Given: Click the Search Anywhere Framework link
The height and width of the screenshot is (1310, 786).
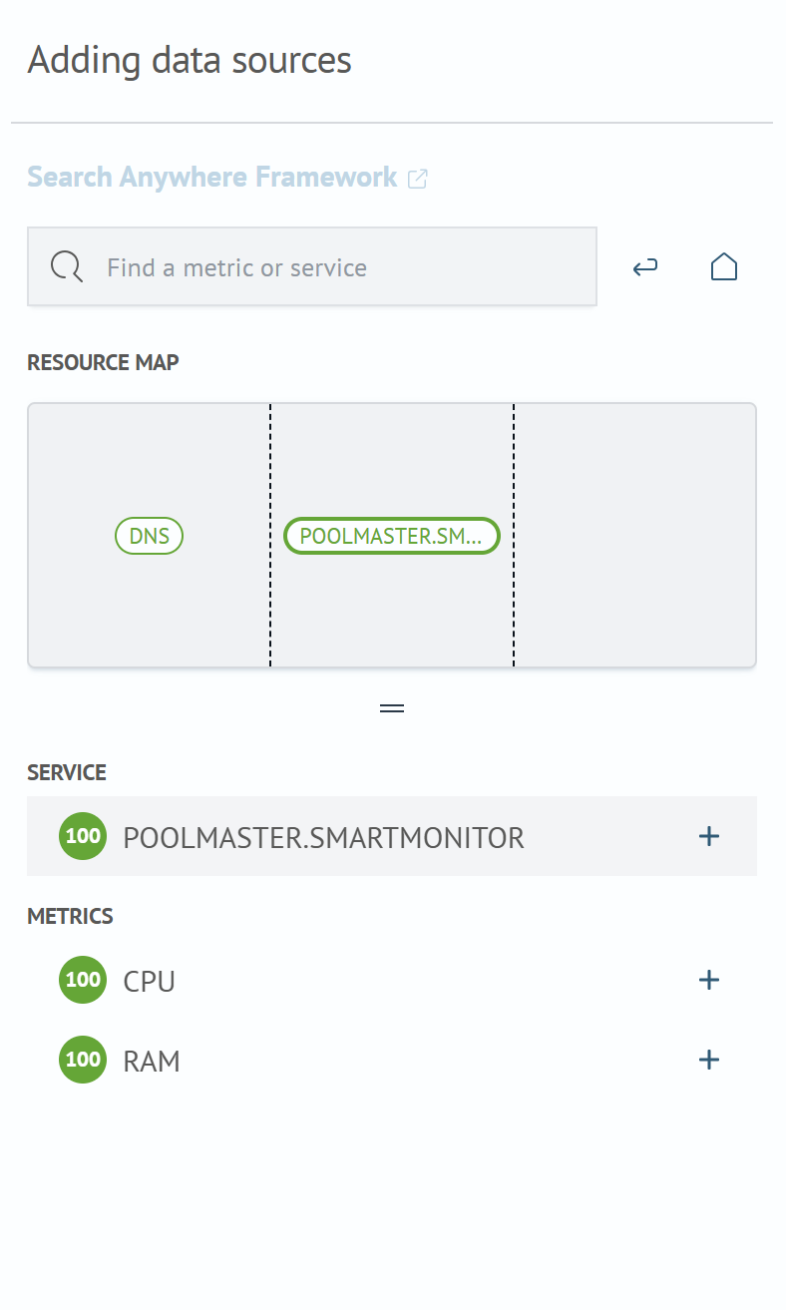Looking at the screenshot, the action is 211,177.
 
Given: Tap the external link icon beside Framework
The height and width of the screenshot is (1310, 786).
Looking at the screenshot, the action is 418,179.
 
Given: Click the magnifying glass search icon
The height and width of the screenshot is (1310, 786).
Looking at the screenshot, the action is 67,266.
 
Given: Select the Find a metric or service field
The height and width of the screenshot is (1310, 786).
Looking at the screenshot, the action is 312,266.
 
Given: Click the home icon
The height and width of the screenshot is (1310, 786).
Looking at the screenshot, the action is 723,266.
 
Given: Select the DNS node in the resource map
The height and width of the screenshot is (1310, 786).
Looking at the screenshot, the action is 150,536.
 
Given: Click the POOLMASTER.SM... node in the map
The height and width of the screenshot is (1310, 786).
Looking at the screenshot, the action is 391,536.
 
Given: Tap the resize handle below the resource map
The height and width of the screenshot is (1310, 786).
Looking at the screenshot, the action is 392,708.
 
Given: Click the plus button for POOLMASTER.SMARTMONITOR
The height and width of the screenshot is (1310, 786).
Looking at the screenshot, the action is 709,836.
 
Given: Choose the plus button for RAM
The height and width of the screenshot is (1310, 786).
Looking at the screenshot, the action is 709,1060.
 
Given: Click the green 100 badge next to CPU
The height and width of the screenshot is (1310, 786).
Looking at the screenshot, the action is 83,980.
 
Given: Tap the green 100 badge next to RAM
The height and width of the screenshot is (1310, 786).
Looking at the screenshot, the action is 83,1060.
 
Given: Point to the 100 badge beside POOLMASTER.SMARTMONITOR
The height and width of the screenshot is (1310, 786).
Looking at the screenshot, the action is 83,836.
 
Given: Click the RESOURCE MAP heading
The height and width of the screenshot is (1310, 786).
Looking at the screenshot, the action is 103,362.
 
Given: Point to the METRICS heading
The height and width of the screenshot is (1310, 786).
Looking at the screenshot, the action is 70,916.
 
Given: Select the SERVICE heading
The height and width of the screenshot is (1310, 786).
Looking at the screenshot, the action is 67,772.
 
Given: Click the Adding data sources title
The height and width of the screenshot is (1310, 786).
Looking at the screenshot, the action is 190,61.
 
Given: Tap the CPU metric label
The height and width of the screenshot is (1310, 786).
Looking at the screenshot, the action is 150,982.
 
